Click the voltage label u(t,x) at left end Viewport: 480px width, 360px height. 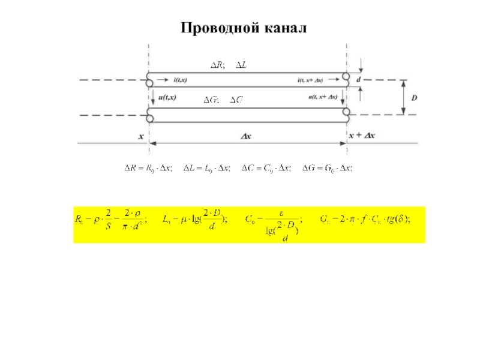(x=166, y=97)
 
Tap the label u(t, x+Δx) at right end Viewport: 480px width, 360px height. (x=322, y=97)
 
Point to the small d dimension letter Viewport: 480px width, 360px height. (x=359, y=79)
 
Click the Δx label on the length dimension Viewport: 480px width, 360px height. (x=246, y=136)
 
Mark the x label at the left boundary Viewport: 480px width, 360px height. (x=142, y=136)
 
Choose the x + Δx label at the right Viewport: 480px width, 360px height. (x=362, y=136)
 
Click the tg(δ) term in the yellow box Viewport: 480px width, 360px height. (x=398, y=220)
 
